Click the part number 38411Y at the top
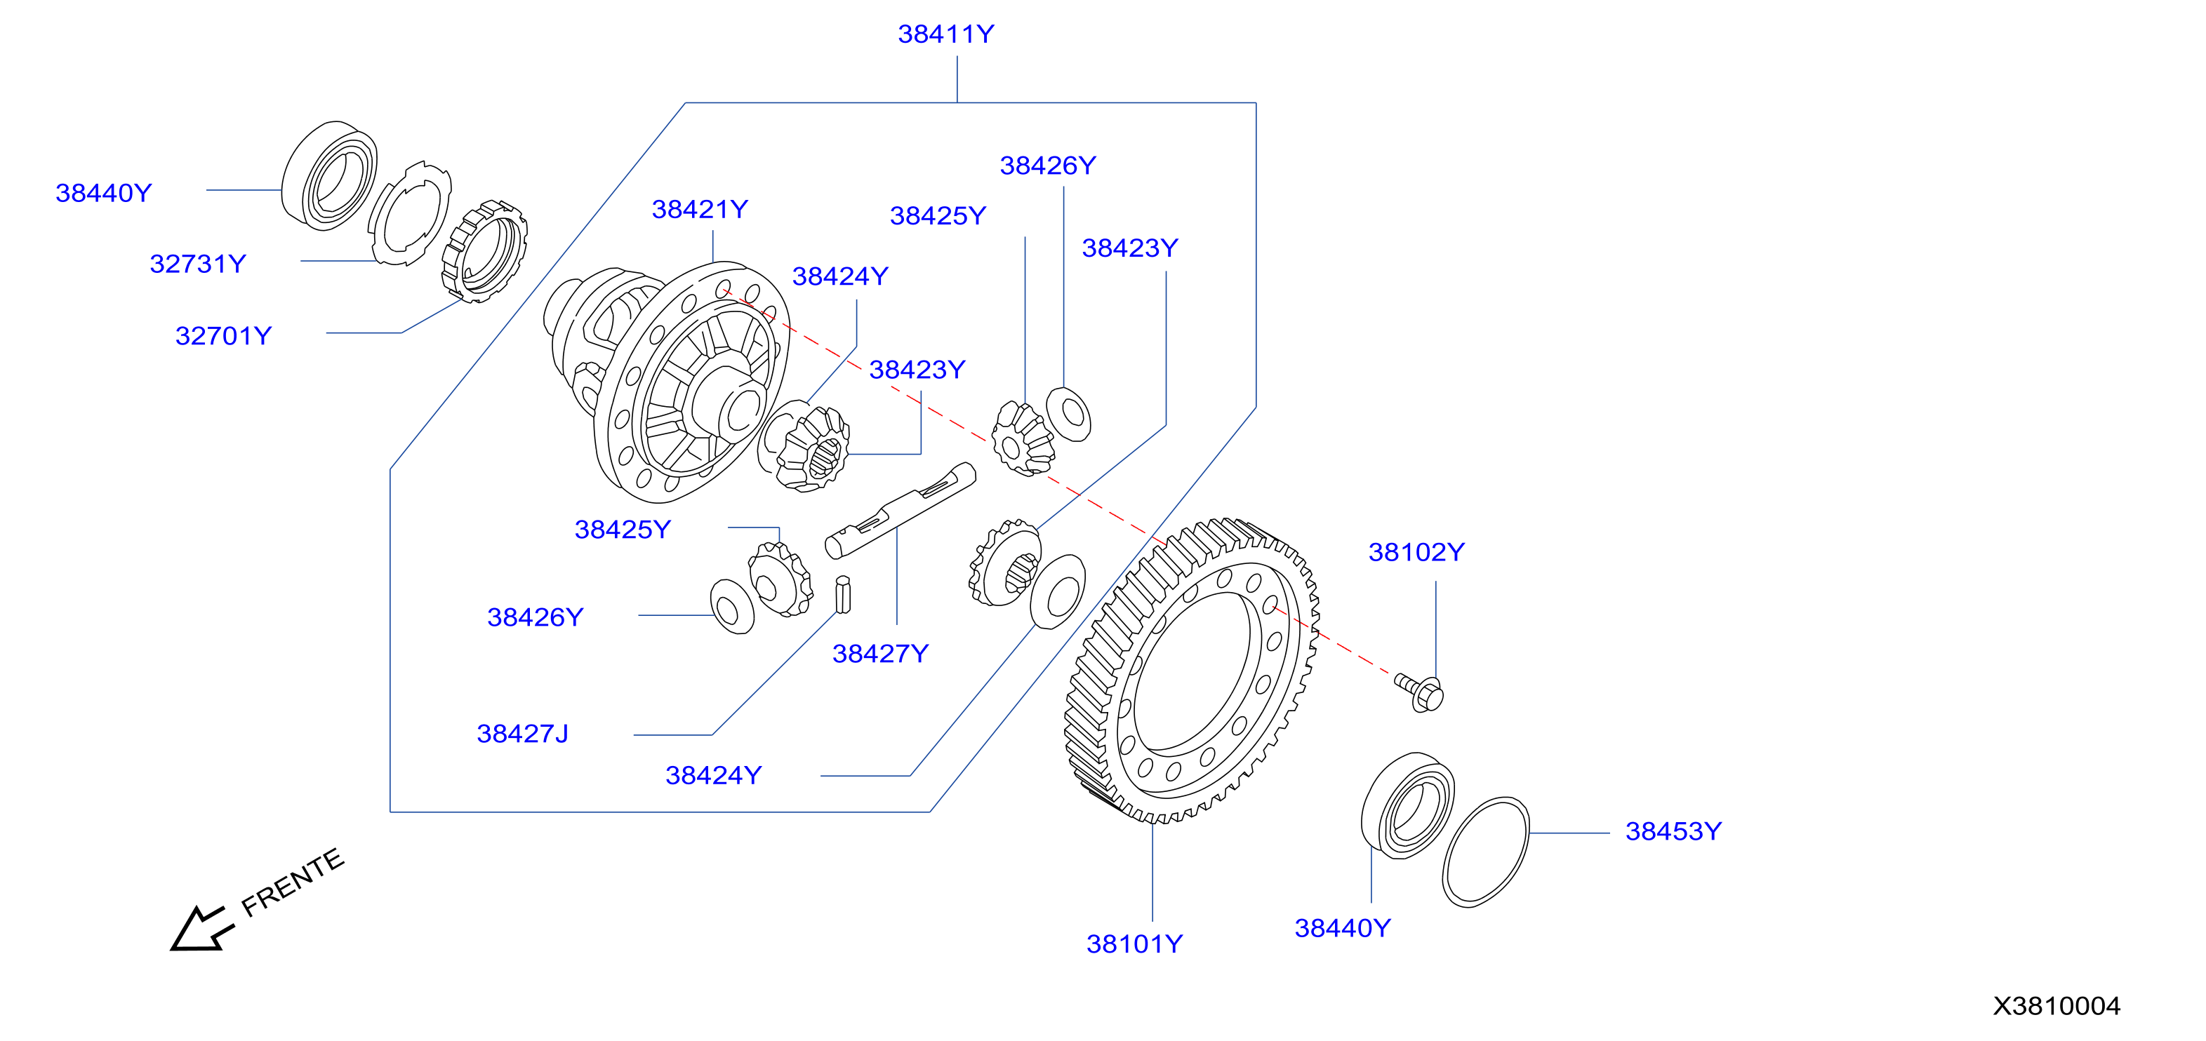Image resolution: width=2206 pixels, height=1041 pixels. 945,34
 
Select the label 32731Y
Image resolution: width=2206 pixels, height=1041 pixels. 198,264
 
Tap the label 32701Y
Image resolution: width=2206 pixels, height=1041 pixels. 223,335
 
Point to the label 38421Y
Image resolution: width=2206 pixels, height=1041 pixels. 700,209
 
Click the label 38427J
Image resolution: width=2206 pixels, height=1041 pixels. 522,734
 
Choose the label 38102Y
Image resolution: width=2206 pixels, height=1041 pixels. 1416,552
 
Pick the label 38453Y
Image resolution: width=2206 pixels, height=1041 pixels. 1673,831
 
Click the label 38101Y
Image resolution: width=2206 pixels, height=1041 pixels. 1135,943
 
